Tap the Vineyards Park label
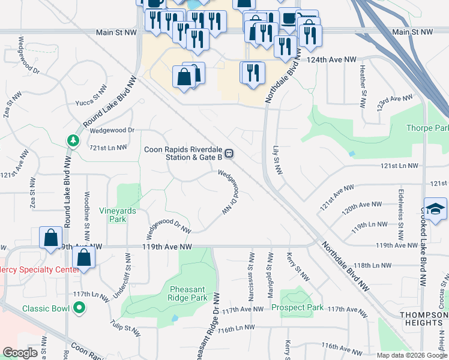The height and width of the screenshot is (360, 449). (118, 215)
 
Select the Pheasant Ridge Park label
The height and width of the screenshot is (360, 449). (179, 293)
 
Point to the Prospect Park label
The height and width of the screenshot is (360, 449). (297, 307)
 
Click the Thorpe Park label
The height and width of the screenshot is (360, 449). (427, 128)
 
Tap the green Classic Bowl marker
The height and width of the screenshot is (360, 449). (79, 309)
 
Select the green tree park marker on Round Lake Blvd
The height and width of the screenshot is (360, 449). (73, 140)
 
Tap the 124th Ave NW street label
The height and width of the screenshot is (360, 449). (334, 59)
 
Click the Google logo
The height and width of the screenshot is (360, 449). (20, 353)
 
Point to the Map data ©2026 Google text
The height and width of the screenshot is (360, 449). (412, 355)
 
